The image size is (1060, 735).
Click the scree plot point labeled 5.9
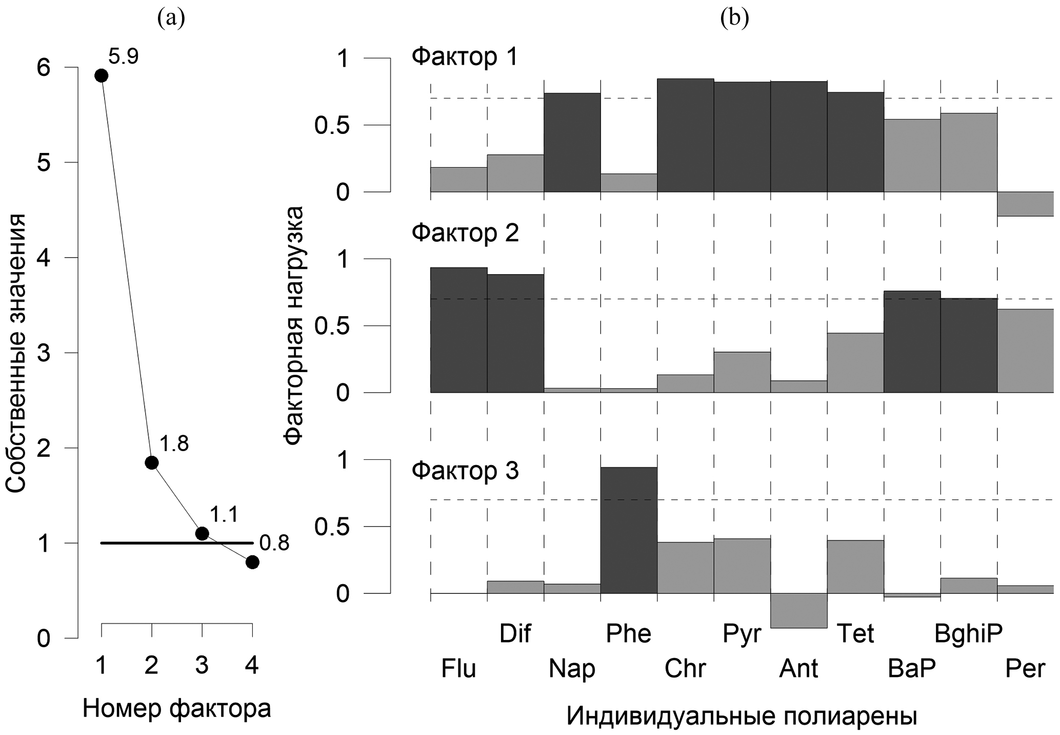101,76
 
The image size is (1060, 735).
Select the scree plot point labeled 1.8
151,462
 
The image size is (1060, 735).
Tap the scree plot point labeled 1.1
202,533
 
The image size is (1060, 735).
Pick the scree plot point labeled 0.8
252,562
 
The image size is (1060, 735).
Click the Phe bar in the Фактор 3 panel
629,530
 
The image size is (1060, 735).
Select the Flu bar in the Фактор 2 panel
458,330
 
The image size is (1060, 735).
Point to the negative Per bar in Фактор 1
1025,204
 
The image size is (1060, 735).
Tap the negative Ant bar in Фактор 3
798,610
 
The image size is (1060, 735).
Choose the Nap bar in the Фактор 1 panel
572,143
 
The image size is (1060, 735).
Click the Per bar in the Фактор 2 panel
1025,351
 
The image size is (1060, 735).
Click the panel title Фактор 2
465,233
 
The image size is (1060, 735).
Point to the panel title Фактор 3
465,471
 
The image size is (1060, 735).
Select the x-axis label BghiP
968,634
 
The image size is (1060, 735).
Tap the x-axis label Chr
685,669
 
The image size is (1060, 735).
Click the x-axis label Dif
515,634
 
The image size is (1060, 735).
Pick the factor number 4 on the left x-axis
252,666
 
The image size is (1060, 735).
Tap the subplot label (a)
171,18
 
